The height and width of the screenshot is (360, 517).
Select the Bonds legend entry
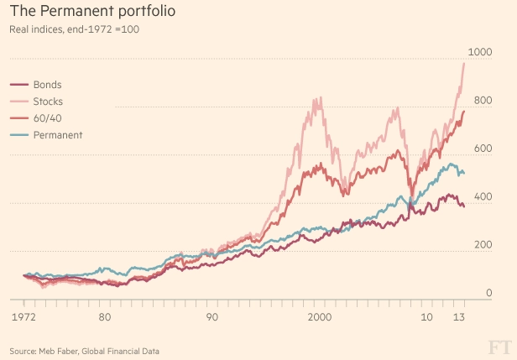48,85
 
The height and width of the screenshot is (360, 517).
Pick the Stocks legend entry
50,102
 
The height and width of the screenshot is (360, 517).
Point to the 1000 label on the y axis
479,53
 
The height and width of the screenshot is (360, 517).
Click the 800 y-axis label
483,101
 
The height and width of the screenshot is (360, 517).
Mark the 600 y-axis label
483,149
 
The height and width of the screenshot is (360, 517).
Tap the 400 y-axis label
483,196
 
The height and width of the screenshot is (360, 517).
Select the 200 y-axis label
483,244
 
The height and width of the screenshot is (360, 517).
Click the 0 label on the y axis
488,292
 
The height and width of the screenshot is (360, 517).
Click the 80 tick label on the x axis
104,317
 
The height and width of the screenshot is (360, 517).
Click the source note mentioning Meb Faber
84,350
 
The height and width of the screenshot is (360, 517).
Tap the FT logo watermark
499,347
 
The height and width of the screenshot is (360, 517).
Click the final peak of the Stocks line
464,64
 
